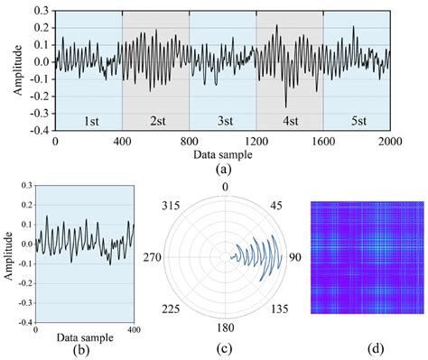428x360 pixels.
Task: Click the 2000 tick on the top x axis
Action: tap(389, 142)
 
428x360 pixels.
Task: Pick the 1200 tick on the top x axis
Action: tap(256, 142)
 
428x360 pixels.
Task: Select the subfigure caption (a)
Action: tap(222, 169)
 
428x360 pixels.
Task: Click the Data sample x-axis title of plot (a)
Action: tap(222, 155)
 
